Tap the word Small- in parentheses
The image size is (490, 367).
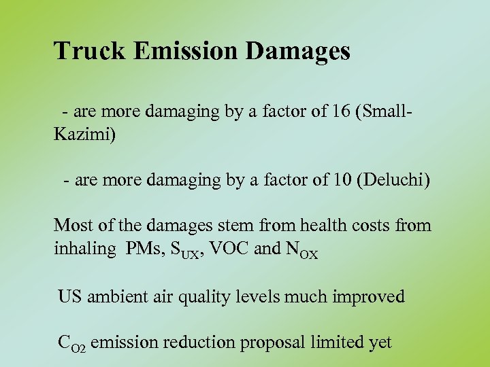392,111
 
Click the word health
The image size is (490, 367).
308,225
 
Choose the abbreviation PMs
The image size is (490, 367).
144,249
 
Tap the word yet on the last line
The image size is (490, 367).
380,343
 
